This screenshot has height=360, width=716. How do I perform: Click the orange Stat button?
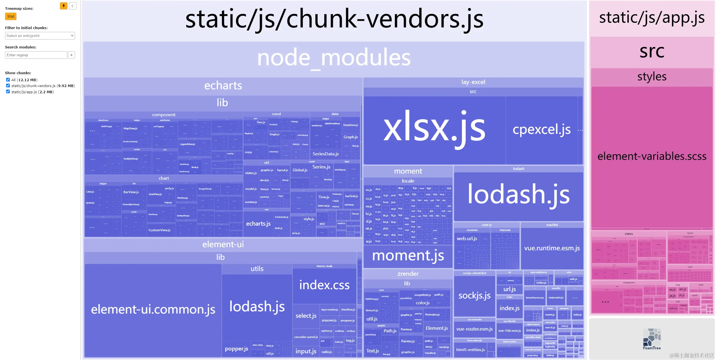click(x=11, y=17)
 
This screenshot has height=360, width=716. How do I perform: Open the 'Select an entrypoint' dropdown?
click(x=40, y=36)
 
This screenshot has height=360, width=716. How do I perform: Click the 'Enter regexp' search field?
click(x=36, y=55)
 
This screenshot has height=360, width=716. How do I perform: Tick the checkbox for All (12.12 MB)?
click(x=8, y=80)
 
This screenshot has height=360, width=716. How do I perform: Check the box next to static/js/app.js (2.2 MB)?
click(x=8, y=92)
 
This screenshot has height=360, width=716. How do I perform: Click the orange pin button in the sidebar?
click(x=64, y=6)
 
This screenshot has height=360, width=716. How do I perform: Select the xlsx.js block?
click(x=434, y=129)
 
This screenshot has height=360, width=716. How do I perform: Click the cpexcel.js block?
click(x=541, y=130)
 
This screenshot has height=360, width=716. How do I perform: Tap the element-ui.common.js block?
click(x=153, y=310)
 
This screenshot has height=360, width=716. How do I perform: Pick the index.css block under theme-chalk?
click(x=324, y=285)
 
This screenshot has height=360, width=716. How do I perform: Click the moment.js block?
click(x=408, y=256)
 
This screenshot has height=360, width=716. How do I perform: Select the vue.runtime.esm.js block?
click(x=552, y=248)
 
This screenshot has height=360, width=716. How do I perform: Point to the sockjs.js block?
click(x=474, y=296)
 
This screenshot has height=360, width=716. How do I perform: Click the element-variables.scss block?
click(x=652, y=156)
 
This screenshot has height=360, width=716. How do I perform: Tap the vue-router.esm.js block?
click(x=474, y=329)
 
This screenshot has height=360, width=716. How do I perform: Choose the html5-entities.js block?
click(x=470, y=350)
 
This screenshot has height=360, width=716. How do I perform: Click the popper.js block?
click(x=236, y=349)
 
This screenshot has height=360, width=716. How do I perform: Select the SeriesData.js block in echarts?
click(x=326, y=154)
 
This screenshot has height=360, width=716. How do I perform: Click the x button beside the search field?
click(x=71, y=55)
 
